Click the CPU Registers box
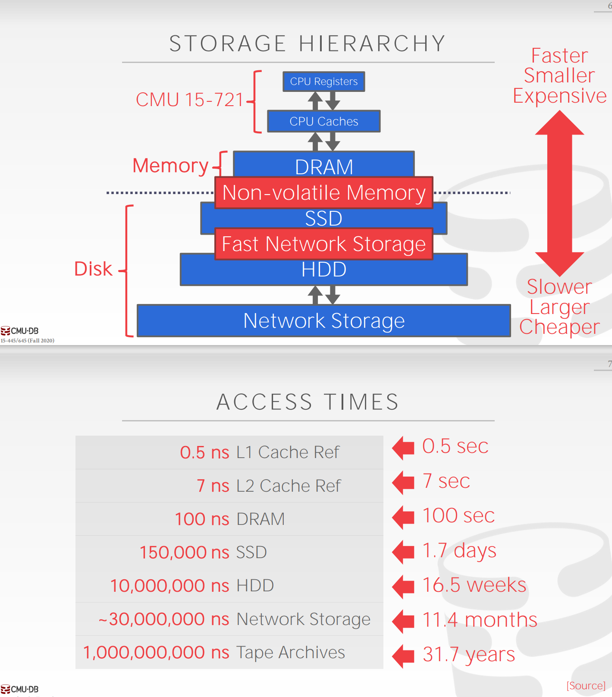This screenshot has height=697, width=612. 323,82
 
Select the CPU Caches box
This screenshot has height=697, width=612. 323,121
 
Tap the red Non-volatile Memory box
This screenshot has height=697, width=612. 324,193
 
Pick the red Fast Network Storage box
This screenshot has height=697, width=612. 323,244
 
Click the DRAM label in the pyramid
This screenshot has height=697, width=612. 324,167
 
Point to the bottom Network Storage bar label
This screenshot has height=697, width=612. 324,321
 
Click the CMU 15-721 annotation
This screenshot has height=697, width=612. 190,100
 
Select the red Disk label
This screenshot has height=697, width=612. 93,269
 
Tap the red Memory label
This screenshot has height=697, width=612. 170,166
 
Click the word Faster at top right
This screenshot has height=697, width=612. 559,56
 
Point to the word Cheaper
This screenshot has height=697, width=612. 559,327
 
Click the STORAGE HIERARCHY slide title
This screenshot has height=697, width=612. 307,44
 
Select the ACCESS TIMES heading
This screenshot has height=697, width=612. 307,402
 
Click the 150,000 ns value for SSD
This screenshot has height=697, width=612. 184,553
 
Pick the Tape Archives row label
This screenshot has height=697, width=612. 291,653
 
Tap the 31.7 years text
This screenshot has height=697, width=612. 468,654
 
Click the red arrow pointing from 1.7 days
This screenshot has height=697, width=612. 404,551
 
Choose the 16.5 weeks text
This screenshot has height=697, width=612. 474,585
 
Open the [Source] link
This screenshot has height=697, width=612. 586,686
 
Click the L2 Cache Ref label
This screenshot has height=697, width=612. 289,486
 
